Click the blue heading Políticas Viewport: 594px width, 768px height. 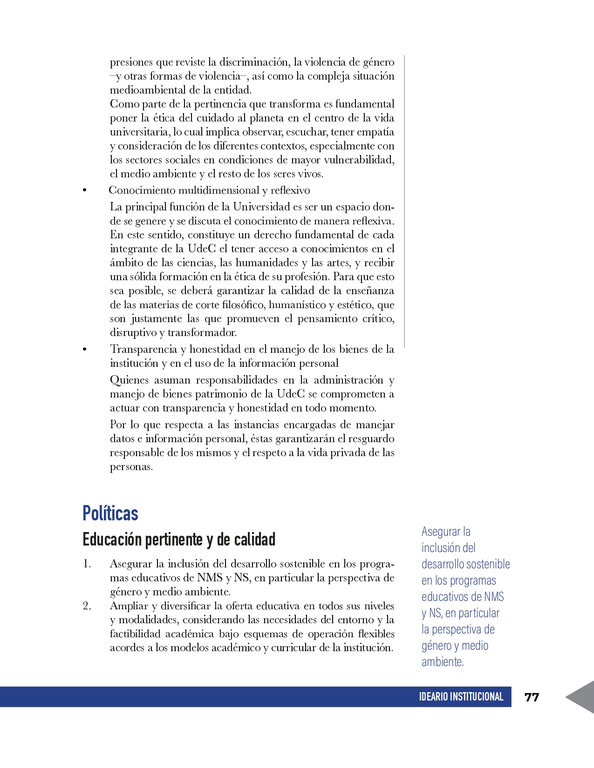[110, 513]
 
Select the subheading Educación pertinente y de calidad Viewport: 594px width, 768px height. [179, 539]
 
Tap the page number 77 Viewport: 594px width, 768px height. [532, 697]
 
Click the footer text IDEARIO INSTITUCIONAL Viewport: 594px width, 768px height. [461, 697]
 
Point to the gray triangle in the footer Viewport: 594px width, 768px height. [582, 697]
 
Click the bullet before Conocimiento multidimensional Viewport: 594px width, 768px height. [84, 190]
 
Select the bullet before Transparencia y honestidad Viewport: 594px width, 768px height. [84, 350]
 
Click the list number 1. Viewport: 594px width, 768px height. [87, 564]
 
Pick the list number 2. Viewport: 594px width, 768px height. [87, 606]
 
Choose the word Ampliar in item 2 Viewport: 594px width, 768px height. [128, 606]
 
